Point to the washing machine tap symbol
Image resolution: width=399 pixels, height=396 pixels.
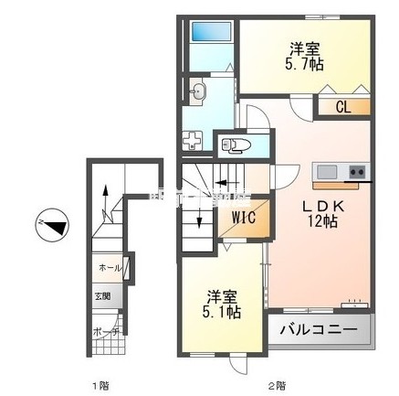pyautogui.click(x=194, y=140)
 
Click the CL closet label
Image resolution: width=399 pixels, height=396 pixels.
pyautogui.click(x=342, y=107)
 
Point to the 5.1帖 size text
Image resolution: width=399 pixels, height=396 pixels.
pyautogui.click(x=223, y=312)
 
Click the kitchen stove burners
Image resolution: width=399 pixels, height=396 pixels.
pyautogui.click(x=357, y=171)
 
